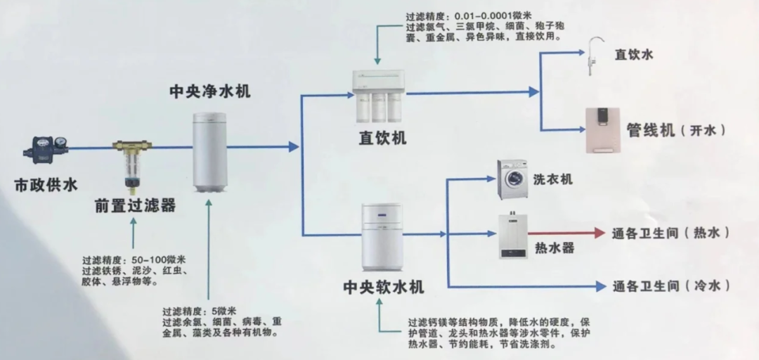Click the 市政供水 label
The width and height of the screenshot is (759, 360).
coord(46,186)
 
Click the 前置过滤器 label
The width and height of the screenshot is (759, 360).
coord(136,206)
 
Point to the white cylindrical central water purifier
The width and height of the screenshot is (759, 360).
coord(210,152)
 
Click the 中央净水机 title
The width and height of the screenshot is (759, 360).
coord(210,91)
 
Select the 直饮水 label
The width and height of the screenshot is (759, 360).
coord(634,55)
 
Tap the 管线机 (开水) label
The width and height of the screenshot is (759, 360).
coord(675,131)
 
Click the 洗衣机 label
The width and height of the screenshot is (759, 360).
coord(552,179)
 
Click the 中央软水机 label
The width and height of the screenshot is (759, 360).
coord(383,288)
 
